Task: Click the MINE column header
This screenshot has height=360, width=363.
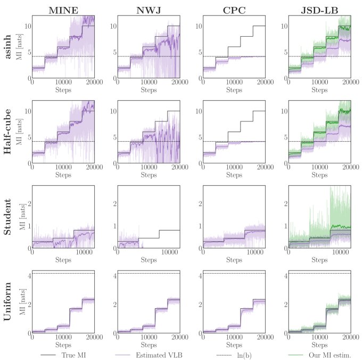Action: [x=63, y=9]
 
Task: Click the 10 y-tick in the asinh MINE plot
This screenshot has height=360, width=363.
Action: [x=26, y=26]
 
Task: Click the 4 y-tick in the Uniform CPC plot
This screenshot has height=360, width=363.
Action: [x=198, y=275]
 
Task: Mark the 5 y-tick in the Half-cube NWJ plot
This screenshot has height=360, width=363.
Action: [x=113, y=137]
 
